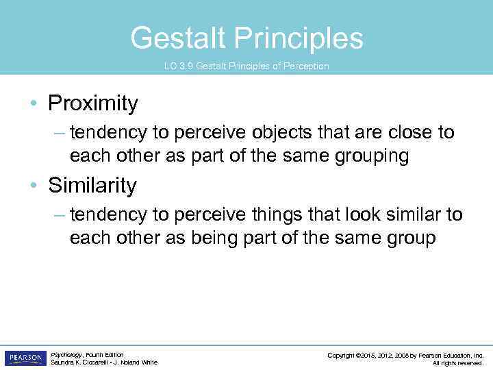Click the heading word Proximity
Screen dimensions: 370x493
click(x=92, y=103)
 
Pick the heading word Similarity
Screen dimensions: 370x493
click(x=92, y=186)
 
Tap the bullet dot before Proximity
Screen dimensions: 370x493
click(x=34, y=104)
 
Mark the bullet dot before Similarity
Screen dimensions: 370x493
click(x=34, y=186)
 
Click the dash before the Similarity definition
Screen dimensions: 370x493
click(x=59, y=215)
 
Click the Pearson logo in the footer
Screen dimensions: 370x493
click(x=25, y=358)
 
